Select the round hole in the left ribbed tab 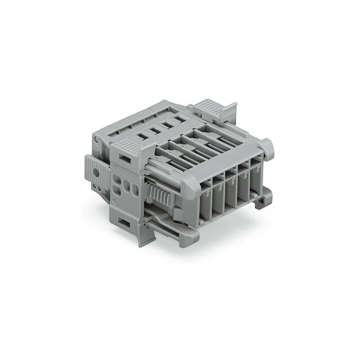[x=96, y=173]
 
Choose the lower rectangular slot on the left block [x=124, y=223]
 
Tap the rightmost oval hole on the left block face [x=135, y=190]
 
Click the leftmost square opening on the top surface [x=142, y=136]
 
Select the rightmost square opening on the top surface [x=178, y=119]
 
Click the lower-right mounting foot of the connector [x=264, y=198]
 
